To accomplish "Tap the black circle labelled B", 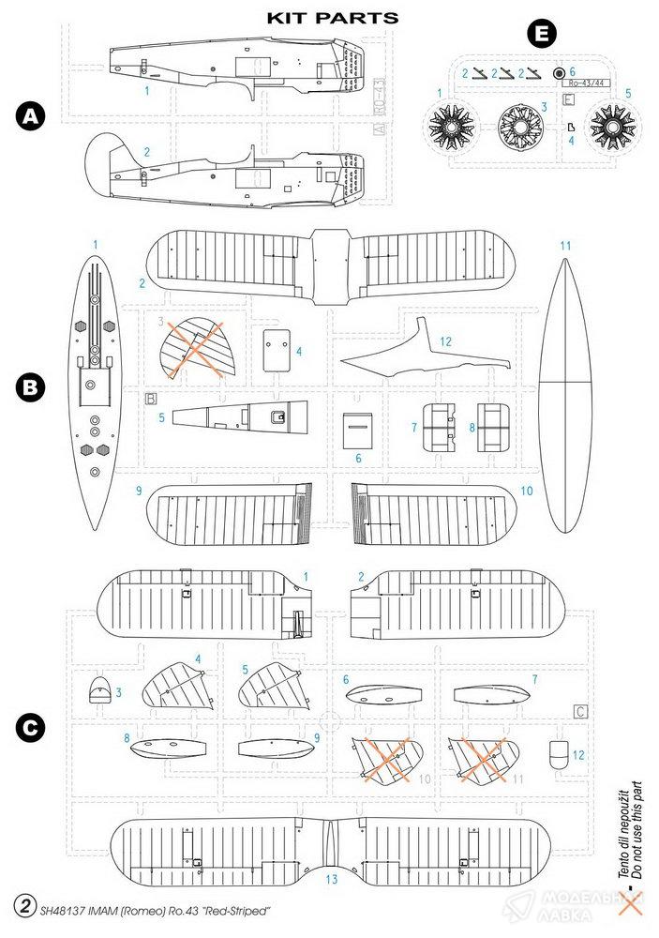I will pyautogui.click(x=32, y=386).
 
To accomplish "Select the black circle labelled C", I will pyautogui.click(x=32, y=727).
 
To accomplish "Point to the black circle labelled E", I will pyautogui.click(x=541, y=36).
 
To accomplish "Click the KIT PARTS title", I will pyautogui.click(x=319, y=17).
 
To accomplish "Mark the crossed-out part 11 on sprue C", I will pyautogui.click(x=486, y=758).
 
